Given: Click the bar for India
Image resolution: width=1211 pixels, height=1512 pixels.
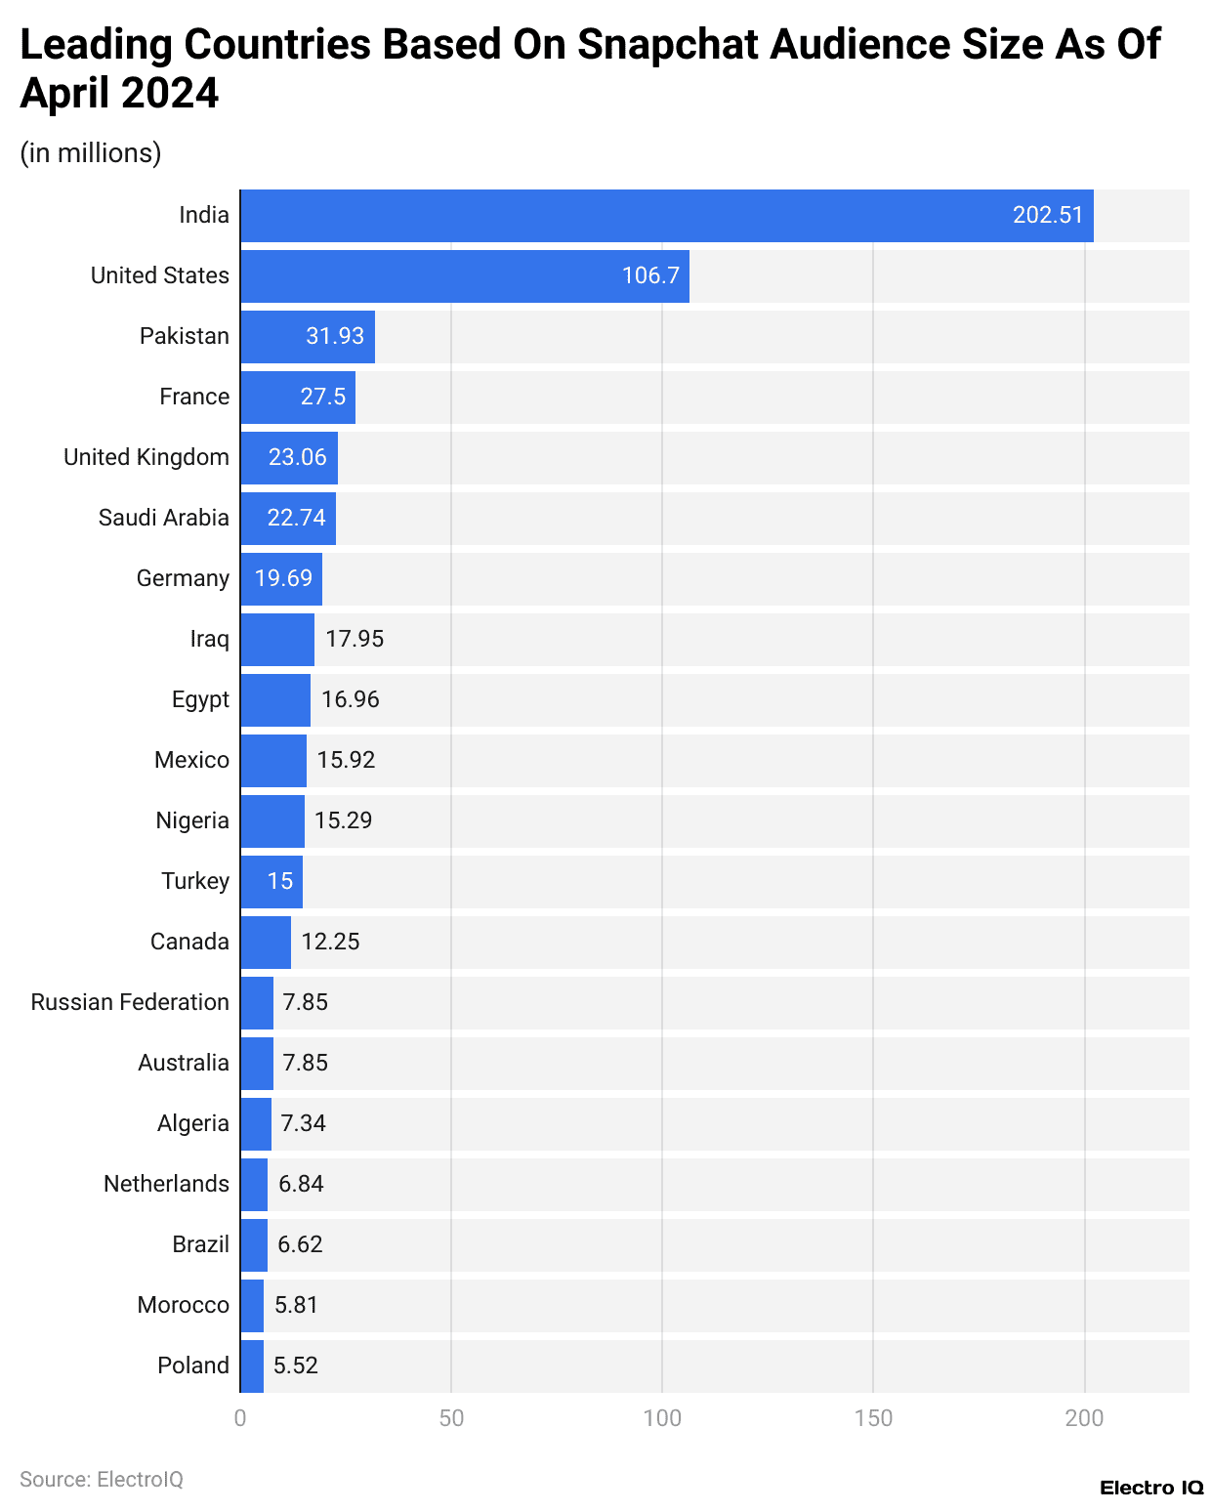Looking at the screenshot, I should click(666, 216).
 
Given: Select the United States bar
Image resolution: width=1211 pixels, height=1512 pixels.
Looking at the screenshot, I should click(465, 276).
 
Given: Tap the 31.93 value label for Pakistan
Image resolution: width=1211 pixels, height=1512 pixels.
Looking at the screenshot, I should click(335, 336).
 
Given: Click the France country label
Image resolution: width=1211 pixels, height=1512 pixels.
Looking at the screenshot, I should click(194, 397).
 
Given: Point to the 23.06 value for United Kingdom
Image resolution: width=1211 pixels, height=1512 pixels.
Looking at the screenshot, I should click(298, 457).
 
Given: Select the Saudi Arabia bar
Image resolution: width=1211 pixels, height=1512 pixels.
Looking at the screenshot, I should click(288, 519).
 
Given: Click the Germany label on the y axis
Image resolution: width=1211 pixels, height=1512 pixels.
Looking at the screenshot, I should click(183, 578).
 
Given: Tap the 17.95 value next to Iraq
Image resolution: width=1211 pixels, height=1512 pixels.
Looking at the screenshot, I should click(355, 639).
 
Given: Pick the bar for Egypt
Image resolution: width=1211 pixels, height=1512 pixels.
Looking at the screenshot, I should click(275, 700).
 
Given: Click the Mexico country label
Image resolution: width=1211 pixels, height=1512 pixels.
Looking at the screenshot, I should click(191, 760).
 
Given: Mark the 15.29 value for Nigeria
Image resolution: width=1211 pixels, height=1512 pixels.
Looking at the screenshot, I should click(343, 820).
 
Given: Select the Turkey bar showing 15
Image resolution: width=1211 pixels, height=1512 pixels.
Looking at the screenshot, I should click(271, 882).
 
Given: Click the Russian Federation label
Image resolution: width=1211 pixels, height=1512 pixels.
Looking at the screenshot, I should click(130, 1002).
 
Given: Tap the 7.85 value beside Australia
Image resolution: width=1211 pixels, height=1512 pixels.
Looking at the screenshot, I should click(305, 1063).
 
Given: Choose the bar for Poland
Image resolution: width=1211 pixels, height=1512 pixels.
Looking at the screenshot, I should click(252, 1366).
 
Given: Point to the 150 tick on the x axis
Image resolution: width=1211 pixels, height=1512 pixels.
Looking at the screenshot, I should click(873, 1418).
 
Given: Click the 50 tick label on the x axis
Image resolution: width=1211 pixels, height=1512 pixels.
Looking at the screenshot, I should click(451, 1418).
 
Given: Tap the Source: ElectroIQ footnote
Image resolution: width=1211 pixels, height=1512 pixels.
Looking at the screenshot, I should click(102, 1479).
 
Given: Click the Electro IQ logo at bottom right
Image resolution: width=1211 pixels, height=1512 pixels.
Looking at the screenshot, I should click(1151, 1488).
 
